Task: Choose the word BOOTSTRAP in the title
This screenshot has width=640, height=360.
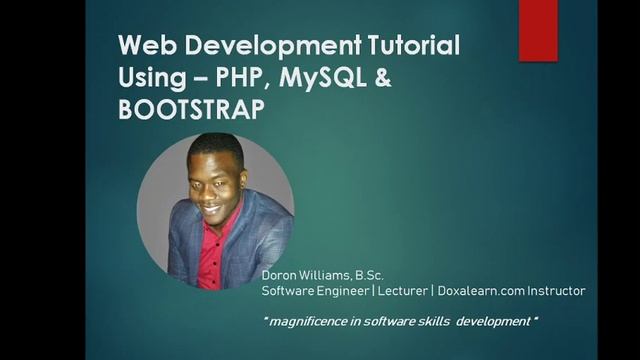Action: pos(191,109)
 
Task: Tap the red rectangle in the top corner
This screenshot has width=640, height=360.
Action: pos(538,30)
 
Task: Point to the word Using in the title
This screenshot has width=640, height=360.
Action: pos(149,78)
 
